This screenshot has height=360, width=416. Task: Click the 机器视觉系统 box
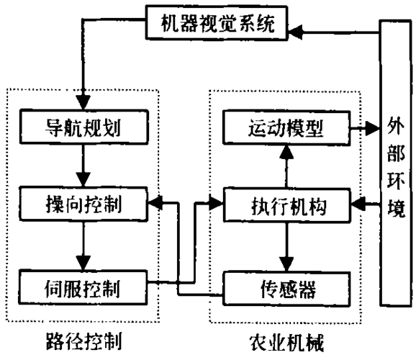click(217, 23)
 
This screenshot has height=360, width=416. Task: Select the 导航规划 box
click(83, 127)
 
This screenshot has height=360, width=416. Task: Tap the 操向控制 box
click(83, 204)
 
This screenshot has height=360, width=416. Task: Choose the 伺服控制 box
click(83, 287)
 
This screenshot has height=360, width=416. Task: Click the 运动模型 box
click(286, 128)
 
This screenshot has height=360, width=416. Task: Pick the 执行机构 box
click(287, 205)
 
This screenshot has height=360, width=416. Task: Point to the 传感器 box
click(286, 289)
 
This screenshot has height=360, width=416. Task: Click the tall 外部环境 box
click(396, 163)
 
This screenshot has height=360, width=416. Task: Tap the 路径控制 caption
click(83, 341)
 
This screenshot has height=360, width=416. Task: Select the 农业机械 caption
click(286, 343)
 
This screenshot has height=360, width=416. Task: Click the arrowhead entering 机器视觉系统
click(295, 32)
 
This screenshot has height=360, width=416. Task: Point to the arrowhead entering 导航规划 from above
click(83, 102)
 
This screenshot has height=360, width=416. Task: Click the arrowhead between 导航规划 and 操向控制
click(83, 179)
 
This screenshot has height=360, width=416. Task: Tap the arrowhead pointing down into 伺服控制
click(83, 263)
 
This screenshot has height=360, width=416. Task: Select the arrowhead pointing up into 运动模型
click(286, 153)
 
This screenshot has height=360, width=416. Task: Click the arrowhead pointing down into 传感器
click(286, 264)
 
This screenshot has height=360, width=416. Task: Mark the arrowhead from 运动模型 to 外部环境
click(372, 128)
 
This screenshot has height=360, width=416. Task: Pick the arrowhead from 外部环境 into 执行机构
click(358, 204)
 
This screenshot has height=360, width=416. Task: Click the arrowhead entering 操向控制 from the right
click(155, 203)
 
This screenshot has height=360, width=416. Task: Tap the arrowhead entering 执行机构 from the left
click(216, 203)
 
